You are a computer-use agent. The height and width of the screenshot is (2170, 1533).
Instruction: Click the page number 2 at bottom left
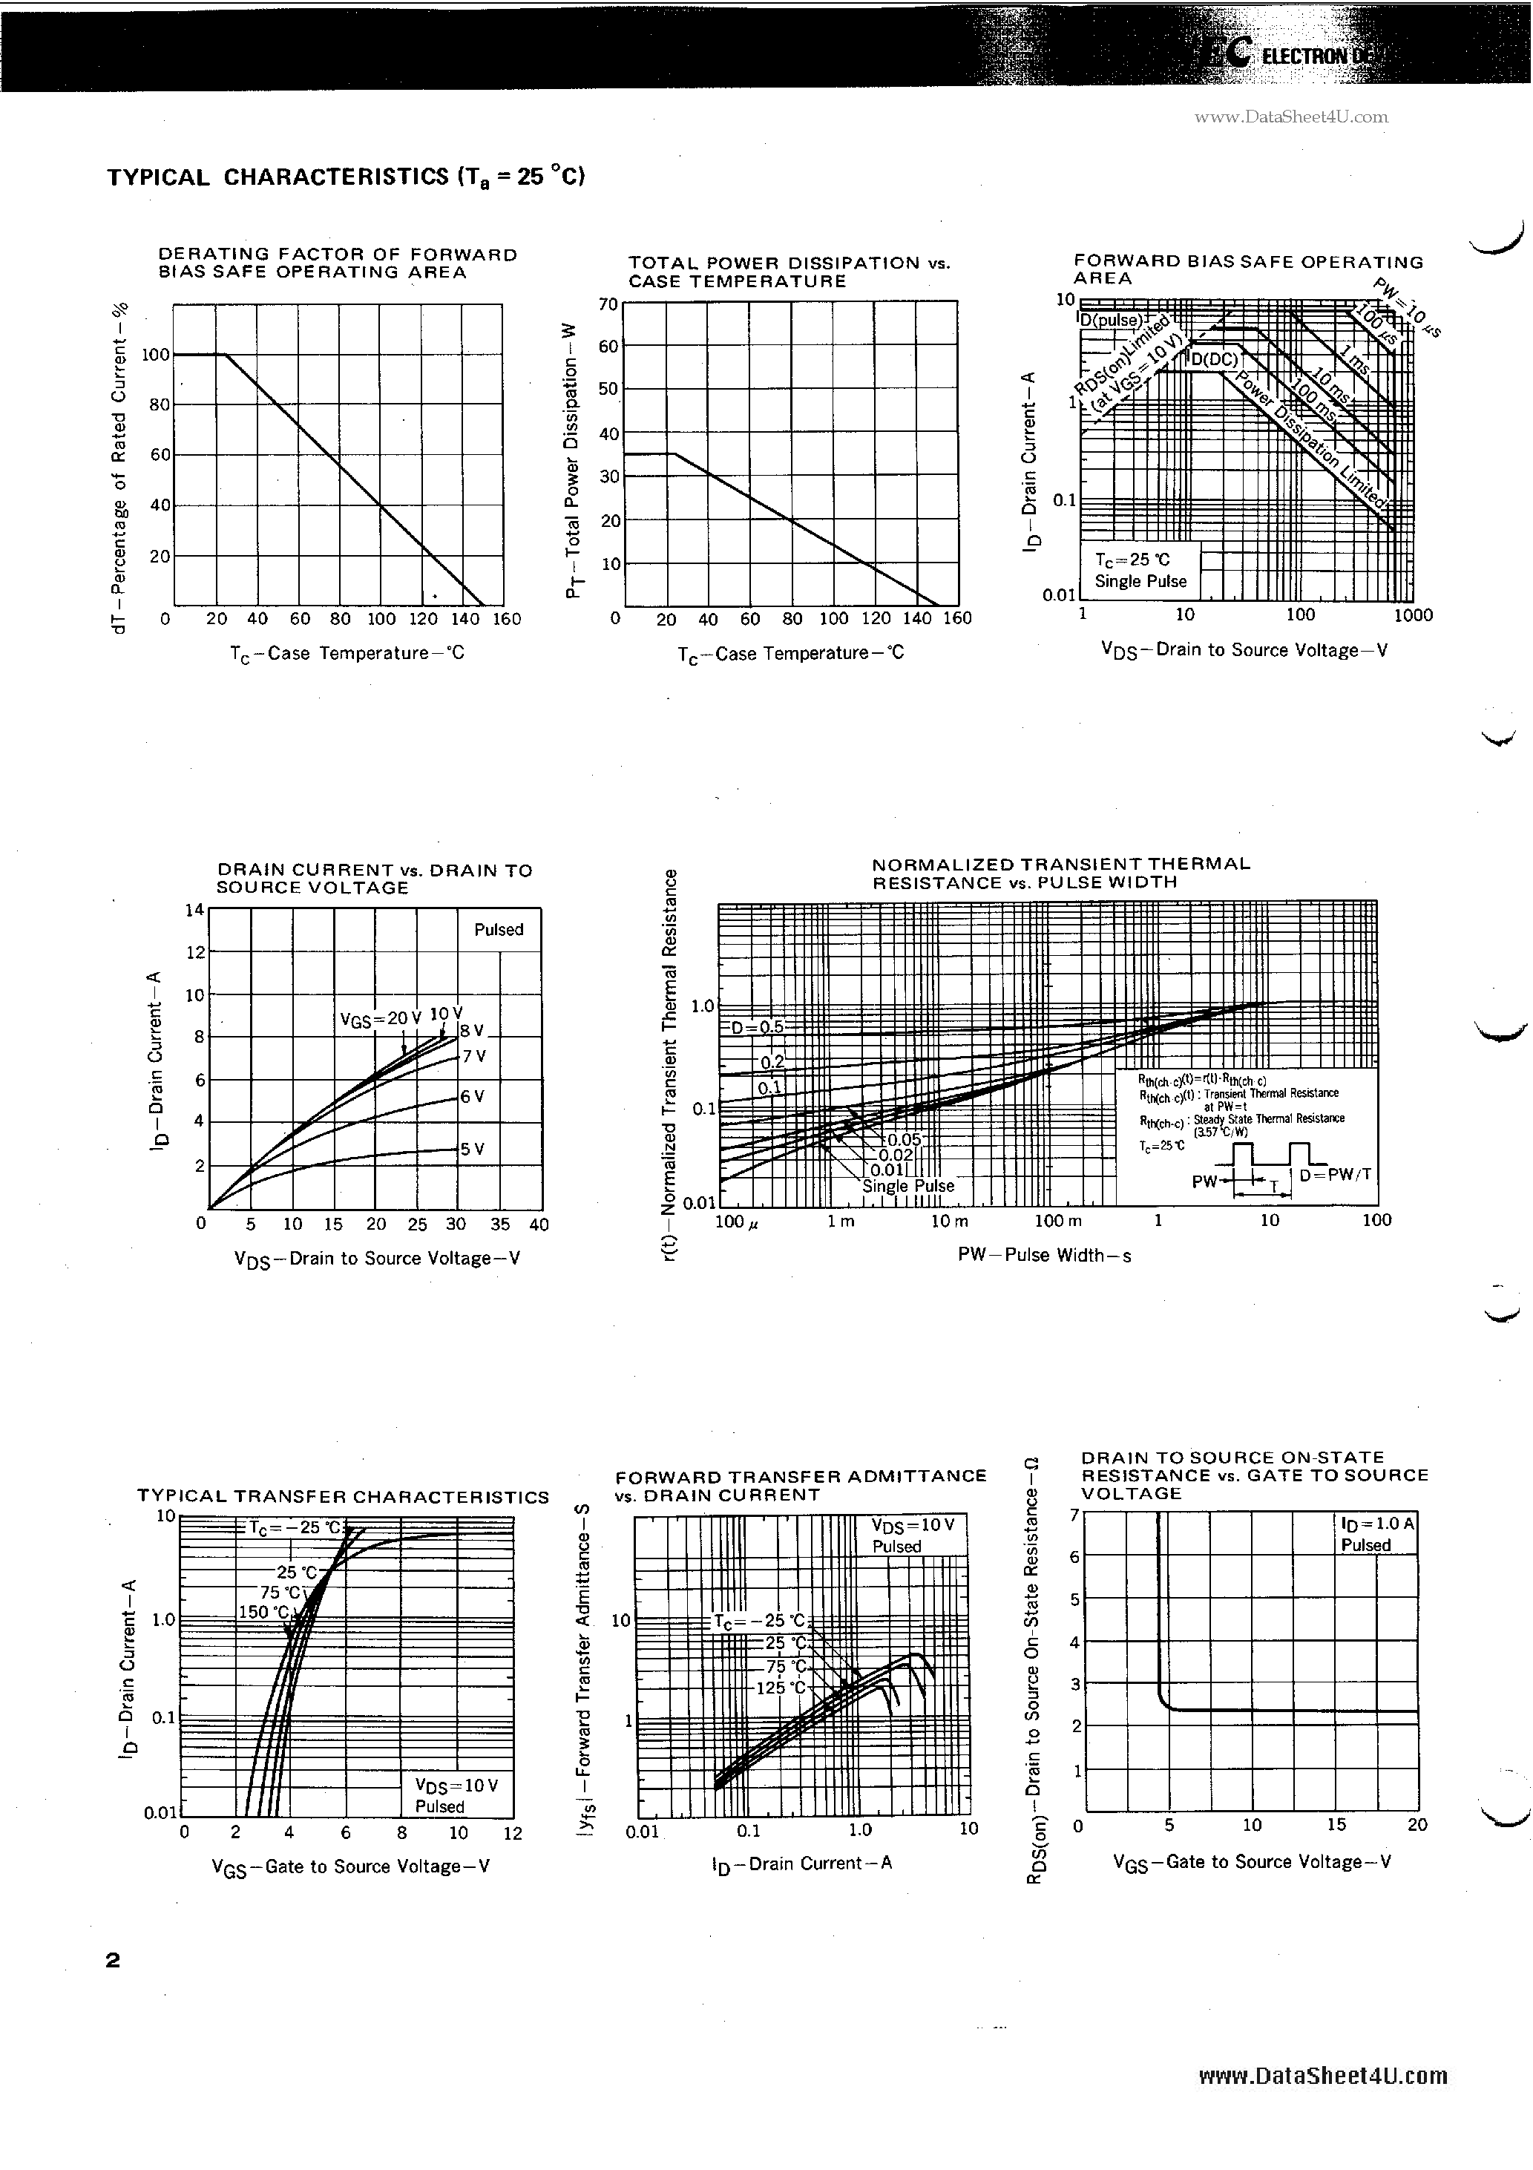114,1960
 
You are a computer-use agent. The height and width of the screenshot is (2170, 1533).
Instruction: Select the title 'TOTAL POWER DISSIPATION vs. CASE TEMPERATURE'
790,272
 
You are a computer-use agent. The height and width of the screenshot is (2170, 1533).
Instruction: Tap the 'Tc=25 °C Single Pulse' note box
1140,571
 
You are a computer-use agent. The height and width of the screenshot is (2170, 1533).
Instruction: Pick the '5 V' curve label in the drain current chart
473,1150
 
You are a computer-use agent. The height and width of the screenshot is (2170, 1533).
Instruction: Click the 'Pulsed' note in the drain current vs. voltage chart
498,930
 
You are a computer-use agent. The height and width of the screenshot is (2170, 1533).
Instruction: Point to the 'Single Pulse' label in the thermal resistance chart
908,1186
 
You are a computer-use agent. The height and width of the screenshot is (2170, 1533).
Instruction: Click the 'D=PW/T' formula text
1335,1175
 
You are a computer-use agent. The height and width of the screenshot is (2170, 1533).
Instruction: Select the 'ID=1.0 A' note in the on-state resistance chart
1377,1524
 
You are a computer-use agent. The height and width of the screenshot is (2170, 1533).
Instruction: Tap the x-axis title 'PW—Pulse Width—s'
1043,1255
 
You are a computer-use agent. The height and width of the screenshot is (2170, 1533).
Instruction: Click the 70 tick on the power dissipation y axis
607,304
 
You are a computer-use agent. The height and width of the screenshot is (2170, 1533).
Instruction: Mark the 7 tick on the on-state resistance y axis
1074,1515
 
